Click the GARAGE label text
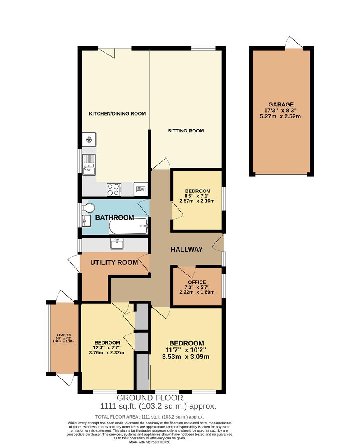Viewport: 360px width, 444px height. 281,104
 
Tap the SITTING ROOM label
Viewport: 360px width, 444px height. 186,131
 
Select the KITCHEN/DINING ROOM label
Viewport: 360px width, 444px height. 118,113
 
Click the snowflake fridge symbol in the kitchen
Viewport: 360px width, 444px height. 89,140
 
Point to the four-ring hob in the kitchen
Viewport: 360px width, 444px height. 114,189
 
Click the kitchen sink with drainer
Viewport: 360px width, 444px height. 89,163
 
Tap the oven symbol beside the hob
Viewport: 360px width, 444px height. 140,189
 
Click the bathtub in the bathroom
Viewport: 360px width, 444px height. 128,226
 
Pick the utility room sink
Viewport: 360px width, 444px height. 117,243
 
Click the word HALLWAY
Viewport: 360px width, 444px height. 187,249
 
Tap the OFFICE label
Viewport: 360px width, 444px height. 197,282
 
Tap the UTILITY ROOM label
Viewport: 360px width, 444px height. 114,263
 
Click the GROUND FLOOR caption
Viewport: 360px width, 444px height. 150,398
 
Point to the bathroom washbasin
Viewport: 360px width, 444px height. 86,221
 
